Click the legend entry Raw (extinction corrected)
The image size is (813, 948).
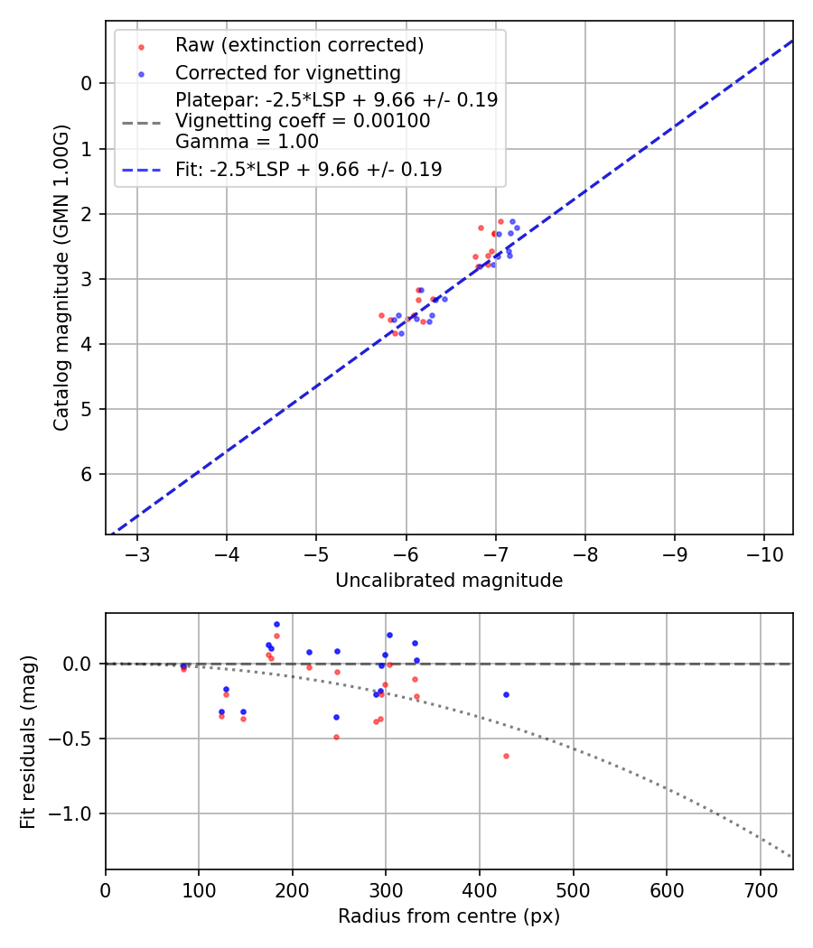click(x=299, y=45)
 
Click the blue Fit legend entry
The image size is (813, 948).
click(x=308, y=169)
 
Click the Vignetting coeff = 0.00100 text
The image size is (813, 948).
click(x=303, y=120)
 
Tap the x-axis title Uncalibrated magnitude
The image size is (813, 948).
click(x=449, y=581)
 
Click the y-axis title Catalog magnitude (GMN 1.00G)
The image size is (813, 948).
click(x=61, y=276)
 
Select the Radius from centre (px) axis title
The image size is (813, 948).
click(x=449, y=916)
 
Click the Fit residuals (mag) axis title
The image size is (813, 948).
click(x=28, y=741)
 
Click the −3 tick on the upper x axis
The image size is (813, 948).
click(x=138, y=553)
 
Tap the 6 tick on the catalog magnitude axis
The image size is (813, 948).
click(x=88, y=474)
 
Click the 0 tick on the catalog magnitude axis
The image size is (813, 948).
click(x=88, y=83)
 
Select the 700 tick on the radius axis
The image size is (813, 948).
click(x=760, y=888)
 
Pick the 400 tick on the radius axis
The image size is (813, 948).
click(x=480, y=888)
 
